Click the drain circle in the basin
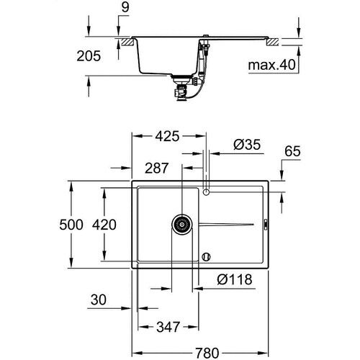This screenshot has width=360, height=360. (x=181, y=224)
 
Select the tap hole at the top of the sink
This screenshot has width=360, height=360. (x=206, y=192)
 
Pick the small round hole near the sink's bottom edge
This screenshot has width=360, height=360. (x=207, y=256)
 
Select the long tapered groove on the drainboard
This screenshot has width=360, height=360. (x=228, y=224)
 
